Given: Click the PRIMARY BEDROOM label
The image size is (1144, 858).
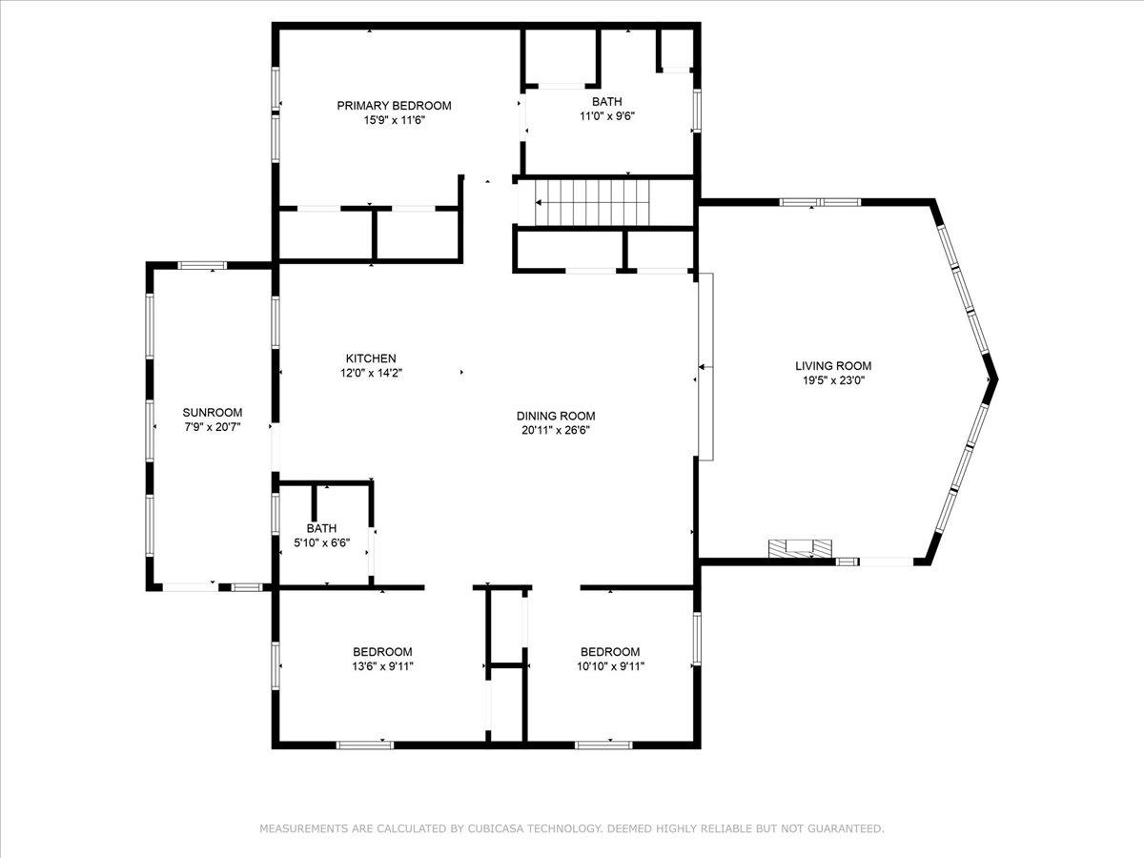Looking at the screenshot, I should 394,106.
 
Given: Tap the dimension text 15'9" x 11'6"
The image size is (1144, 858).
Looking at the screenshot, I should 394,121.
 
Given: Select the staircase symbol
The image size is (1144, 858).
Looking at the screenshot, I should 591,202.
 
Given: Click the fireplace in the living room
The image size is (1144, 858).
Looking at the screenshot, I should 800,547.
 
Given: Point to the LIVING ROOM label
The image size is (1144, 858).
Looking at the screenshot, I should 833,365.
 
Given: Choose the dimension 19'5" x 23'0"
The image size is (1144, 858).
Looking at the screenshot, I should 833,380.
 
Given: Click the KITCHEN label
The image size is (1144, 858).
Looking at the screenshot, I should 371,358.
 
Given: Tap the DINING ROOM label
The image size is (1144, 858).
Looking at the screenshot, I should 556,416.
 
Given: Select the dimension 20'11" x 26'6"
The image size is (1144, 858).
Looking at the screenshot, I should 556,430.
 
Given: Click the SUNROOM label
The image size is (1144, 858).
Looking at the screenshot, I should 213,413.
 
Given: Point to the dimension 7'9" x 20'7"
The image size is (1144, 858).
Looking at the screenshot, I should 213,427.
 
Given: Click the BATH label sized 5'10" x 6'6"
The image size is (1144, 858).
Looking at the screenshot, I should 321,528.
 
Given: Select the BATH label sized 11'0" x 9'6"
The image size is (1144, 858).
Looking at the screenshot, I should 607,101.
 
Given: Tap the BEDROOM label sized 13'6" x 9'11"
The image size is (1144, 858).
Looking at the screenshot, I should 382,652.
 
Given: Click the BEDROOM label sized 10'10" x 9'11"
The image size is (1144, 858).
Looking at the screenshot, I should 610,652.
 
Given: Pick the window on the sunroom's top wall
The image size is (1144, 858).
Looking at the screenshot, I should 203,265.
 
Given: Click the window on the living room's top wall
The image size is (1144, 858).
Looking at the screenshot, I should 821,202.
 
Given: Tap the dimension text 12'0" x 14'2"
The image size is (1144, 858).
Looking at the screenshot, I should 371,374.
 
